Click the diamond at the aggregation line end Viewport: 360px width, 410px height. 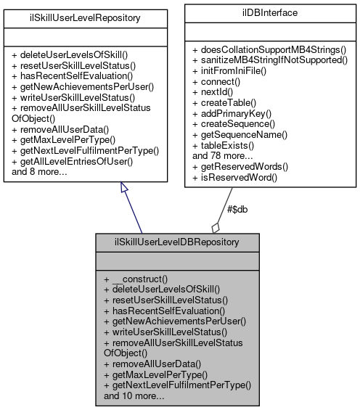[216, 226]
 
